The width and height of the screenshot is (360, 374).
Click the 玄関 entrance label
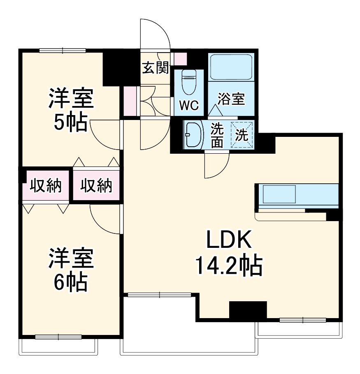[156, 68]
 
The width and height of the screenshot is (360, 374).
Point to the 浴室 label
[231, 99]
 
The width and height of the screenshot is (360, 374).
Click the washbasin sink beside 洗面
[193, 134]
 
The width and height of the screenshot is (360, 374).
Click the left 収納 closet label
[45, 186]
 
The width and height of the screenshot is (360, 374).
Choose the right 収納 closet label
[96, 186]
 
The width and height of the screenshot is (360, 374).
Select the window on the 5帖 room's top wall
[63, 51]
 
